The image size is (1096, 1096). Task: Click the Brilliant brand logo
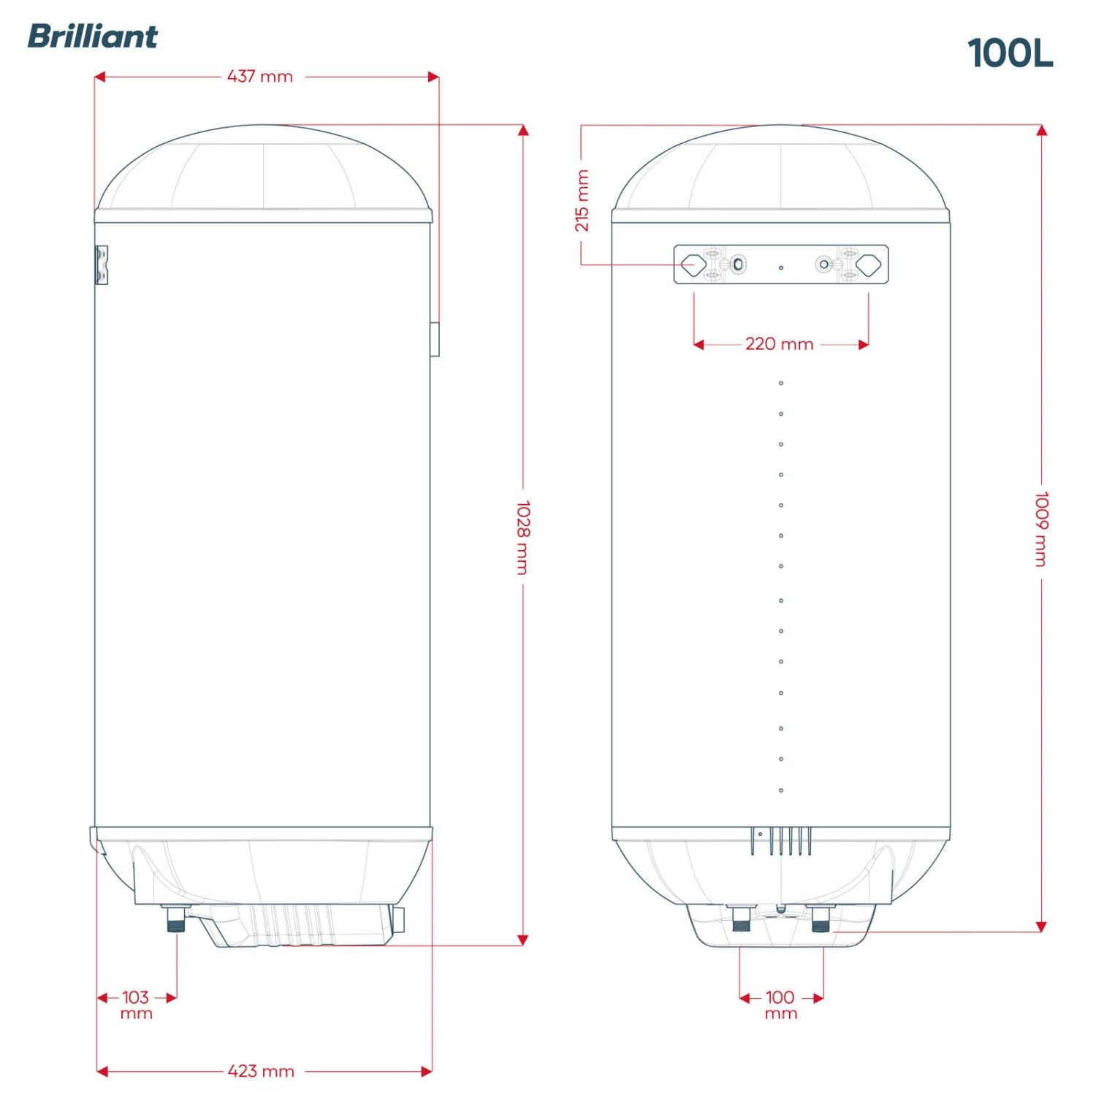pyautogui.click(x=92, y=37)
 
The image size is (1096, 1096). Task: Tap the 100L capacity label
pyautogui.click(x=1011, y=53)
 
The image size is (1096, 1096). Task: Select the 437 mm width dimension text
pyautogui.click(x=260, y=76)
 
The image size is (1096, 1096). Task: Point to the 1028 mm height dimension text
pyautogui.click(x=523, y=538)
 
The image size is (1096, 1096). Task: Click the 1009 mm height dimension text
pyautogui.click(x=1042, y=529)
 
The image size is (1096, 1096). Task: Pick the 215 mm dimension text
pyautogui.click(x=582, y=200)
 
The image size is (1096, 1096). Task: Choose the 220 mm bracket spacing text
pyautogui.click(x=780, y=344)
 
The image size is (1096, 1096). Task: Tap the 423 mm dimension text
pyautogui.click(x=261, y=1071)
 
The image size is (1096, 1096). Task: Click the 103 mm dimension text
pyautogui.click(x=136, y=1005)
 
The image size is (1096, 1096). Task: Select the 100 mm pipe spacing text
pyautogui.click(x=780, y=1005)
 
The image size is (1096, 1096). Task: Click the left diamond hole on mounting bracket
pyautogui.click(x=693, y=265)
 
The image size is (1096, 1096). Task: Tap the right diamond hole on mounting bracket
pyautogui.click(x=869, y=265)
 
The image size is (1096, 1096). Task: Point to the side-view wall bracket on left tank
pyautogui.click(x=102, y=265)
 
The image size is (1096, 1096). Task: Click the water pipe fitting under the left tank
pyautogui.click(x=175, y=919)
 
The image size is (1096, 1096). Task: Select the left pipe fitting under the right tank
pyautogui.click(x=740, y=919)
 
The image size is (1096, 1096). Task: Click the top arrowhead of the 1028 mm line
pyautogui.click(x=523, y=131)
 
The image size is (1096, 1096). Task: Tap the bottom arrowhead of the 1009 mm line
pyautogui.click(x=1042, y=926)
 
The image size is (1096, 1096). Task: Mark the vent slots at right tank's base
pyautogui.click(x=780, y=841)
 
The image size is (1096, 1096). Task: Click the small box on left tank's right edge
pyautogui.click(x=435, y=339)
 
